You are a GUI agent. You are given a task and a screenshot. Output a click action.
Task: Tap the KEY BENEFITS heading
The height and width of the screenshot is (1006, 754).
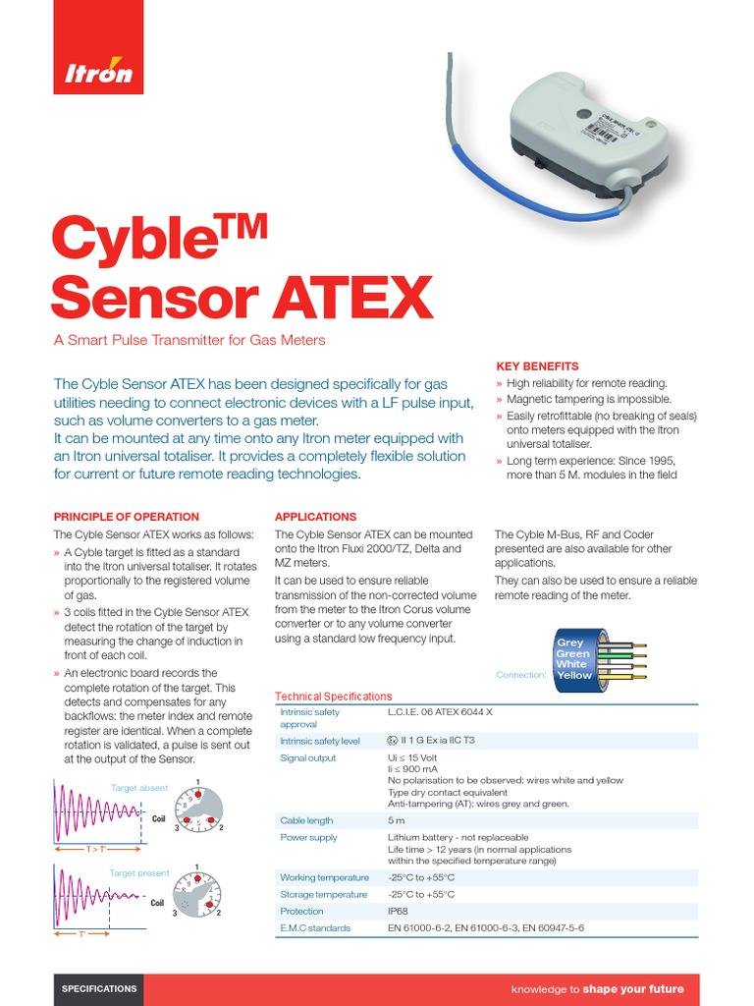(536, 365)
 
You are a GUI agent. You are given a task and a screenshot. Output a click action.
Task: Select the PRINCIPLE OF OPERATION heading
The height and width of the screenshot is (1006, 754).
(126, 517)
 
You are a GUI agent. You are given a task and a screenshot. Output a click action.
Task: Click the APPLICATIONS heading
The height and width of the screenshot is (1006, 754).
(315, 517)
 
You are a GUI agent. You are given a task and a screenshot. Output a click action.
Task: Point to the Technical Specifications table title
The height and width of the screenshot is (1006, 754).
(333, 697)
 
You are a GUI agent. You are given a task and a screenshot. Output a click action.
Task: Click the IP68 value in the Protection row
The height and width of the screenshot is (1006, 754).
(399, 912)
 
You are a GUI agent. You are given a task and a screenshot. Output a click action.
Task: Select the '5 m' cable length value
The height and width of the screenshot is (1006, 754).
(397, 820)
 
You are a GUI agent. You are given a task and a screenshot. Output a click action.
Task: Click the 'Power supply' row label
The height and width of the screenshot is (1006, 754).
(308, 838)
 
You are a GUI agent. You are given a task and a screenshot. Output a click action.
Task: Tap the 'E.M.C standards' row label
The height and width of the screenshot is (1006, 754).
(315, 928)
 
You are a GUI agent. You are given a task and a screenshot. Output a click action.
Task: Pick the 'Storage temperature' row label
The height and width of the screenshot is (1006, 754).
(323, 895)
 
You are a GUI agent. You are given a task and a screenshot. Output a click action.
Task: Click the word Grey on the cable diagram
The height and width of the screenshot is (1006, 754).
(569, 643)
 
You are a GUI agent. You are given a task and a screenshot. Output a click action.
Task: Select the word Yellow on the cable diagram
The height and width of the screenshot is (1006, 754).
(574, 675)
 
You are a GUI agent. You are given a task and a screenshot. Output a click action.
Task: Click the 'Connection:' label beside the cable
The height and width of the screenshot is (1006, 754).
(520, 675)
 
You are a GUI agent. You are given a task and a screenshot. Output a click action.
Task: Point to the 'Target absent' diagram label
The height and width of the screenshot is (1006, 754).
(138, 788)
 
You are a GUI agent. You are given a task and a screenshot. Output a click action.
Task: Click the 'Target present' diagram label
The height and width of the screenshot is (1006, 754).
(139, 872)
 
